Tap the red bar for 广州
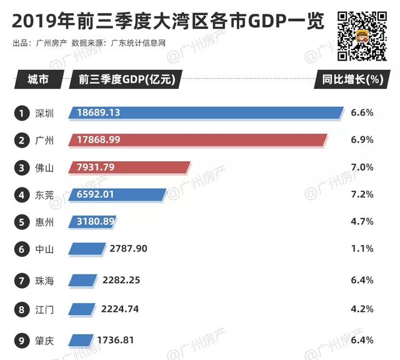[199, 140]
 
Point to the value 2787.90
[128, 249]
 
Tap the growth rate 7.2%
[362, 194]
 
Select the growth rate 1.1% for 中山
[362, 249]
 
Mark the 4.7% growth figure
[362, 221]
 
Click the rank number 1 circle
[21, 112]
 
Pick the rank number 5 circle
[21, 221]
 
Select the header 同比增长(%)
[352, 79]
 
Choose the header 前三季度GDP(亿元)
[121, 79]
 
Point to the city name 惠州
[45, 221]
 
